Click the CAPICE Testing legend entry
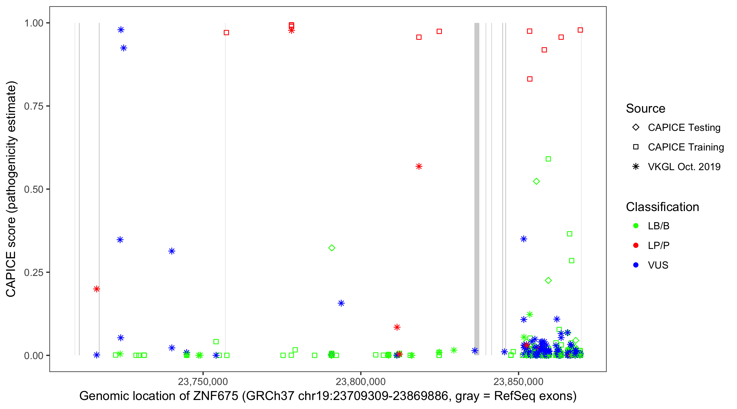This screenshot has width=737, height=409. click(684, 128)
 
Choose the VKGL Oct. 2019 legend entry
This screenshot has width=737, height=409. click(684, 167)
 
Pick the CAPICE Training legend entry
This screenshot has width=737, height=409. click(685, 147)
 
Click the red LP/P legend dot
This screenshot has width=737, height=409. click(636, 245)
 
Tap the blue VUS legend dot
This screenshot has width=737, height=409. click(636, 265)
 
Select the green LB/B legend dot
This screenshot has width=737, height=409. click(636, 226)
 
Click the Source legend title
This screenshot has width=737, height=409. click(646, 109)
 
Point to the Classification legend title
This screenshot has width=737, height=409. click(662, 207)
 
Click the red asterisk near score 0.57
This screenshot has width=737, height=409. click(419, 166)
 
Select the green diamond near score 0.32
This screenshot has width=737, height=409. click(332, 248)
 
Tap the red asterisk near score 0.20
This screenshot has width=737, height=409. click(97, 289)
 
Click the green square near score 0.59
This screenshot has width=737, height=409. click(548, 159)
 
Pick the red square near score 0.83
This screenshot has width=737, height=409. click(530, 79)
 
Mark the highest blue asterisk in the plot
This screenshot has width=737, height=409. click(121, 30)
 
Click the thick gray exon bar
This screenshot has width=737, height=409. click(477, 189)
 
